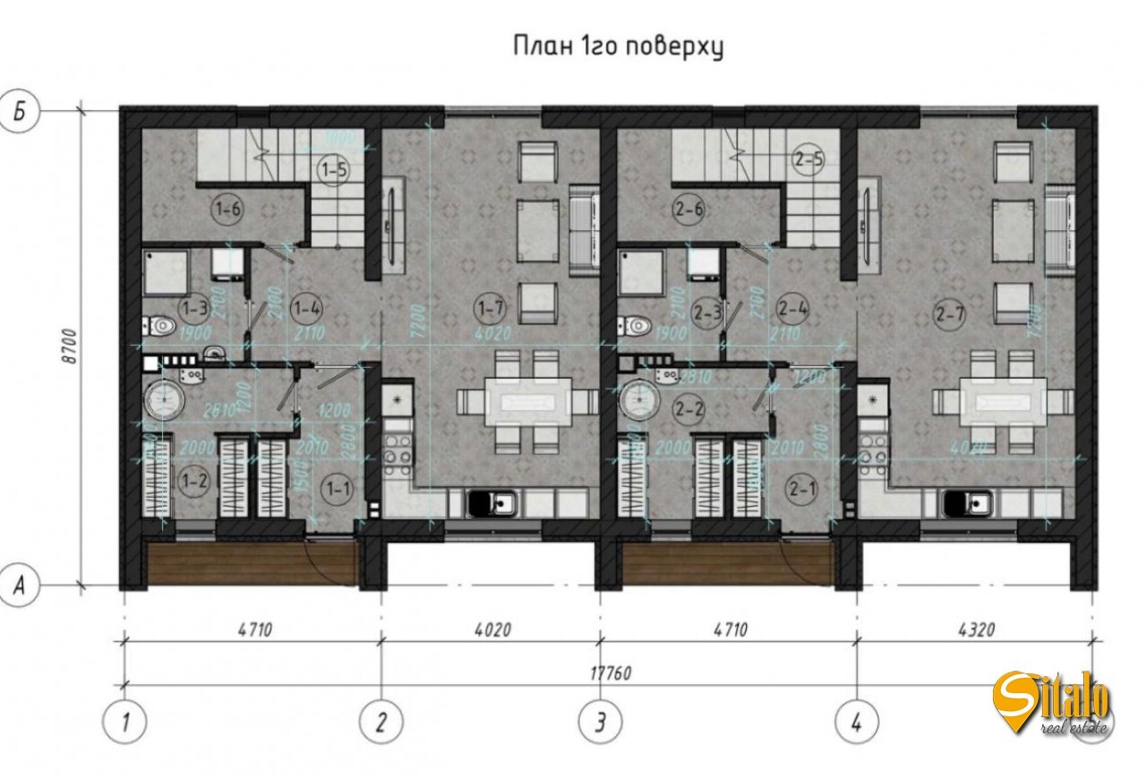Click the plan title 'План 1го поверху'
tap(618, 47)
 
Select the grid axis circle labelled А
tap(19, 586)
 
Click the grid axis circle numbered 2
tap(381, 721)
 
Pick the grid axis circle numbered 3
tap(600, 721)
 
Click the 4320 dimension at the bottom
tap(974, 629)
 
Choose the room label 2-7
tap(950, 312)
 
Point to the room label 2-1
tap(801, 488)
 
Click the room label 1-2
tap(195, 482)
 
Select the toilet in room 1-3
tap(161, 327)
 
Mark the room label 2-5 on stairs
tap(808, 160)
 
